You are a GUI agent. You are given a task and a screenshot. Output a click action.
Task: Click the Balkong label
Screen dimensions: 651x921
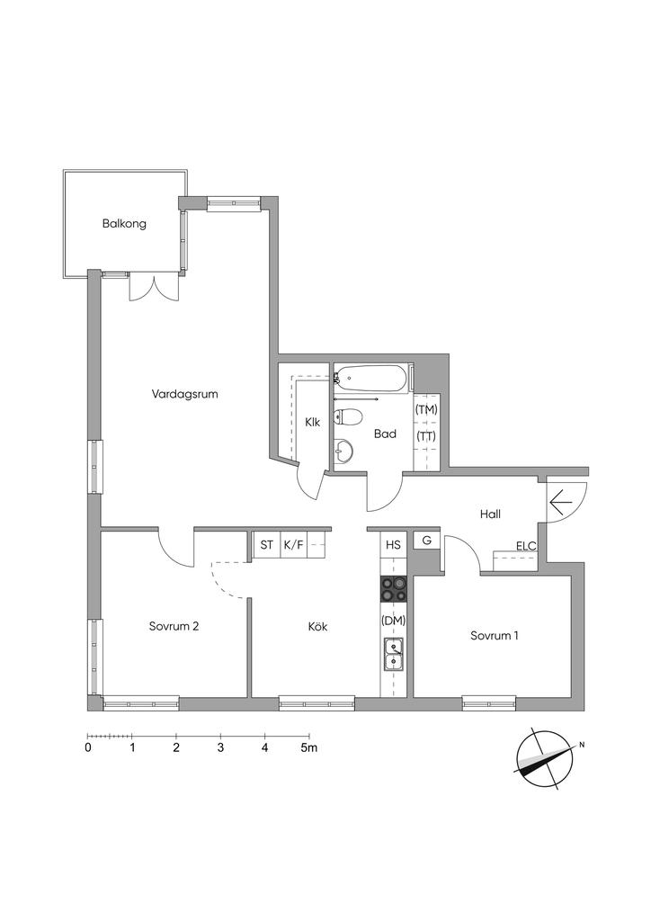point(124,224)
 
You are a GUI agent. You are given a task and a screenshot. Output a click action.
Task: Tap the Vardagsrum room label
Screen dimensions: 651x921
point(184,394)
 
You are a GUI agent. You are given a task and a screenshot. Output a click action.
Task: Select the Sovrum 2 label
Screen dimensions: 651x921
point(174,626)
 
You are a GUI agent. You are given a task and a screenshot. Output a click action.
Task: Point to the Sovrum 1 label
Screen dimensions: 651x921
point(495,636)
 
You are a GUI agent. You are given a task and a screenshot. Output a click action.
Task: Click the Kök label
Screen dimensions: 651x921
point(317,627)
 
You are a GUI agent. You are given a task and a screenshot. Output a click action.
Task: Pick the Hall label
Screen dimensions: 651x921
point(490,514)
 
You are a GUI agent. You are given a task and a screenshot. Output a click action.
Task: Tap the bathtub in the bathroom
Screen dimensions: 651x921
point(371,379)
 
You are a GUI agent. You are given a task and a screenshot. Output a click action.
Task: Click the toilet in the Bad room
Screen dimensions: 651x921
point(347,417)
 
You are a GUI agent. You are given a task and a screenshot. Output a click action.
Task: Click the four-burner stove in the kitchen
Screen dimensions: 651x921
point(394,589)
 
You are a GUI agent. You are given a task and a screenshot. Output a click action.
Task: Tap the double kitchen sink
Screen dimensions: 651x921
point(394,655)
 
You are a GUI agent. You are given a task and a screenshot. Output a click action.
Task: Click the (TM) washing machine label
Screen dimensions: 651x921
point(426,410)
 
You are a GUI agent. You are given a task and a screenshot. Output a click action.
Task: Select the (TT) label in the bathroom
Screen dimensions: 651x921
point(426,437)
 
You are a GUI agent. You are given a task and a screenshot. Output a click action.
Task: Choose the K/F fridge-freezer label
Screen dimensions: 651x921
point(293,544)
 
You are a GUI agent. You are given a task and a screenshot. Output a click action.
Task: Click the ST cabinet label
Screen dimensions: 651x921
point(266,544)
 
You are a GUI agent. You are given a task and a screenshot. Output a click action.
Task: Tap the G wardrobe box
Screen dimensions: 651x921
point(427,541)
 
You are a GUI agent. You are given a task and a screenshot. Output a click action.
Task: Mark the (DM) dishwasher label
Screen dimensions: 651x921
point(394,620)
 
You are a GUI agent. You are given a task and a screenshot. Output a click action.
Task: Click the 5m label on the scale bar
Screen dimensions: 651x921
point(309,747)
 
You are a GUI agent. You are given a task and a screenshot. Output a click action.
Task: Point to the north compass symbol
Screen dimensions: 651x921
point(545,757)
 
